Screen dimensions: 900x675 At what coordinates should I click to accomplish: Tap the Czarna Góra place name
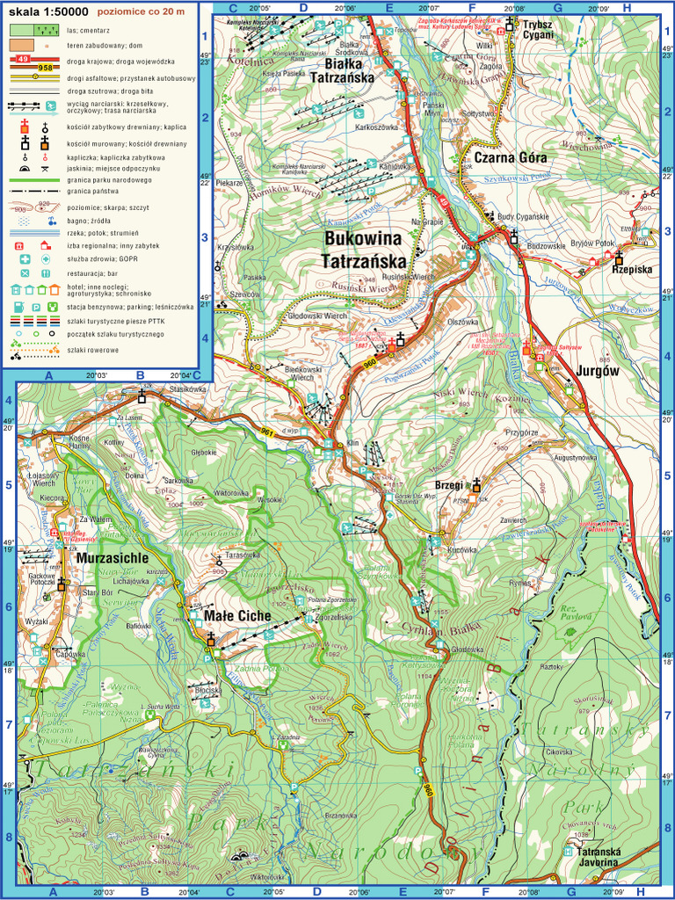coord(510,157)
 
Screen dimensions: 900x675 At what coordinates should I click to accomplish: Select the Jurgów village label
coord(599,371)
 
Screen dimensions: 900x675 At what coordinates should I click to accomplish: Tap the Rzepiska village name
coord(632,270)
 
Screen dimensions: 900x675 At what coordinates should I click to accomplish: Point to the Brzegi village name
coord(449,485)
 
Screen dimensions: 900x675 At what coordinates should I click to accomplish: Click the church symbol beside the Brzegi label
coord(476,483)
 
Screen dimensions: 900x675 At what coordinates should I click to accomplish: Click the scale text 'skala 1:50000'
coord(47,12)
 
